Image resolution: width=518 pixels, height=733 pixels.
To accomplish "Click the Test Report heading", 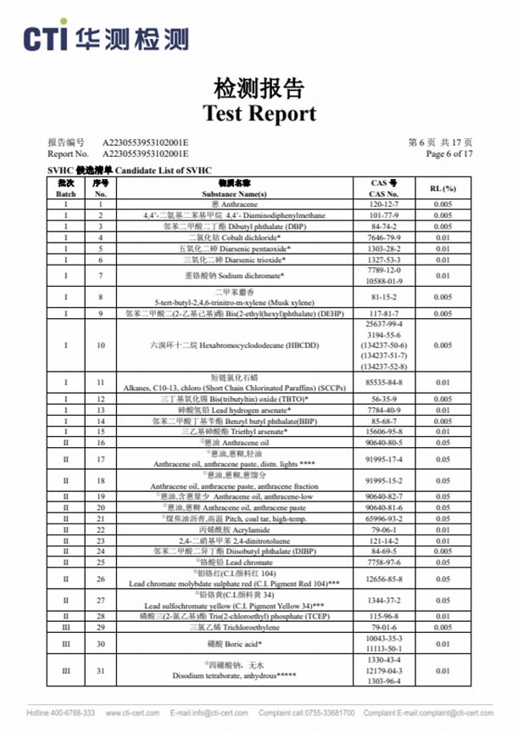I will [x=259, y=113].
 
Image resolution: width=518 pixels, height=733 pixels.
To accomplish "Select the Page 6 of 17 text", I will [x=448, y=154].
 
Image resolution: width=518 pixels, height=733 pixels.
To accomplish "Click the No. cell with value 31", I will [x=100, y=670].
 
